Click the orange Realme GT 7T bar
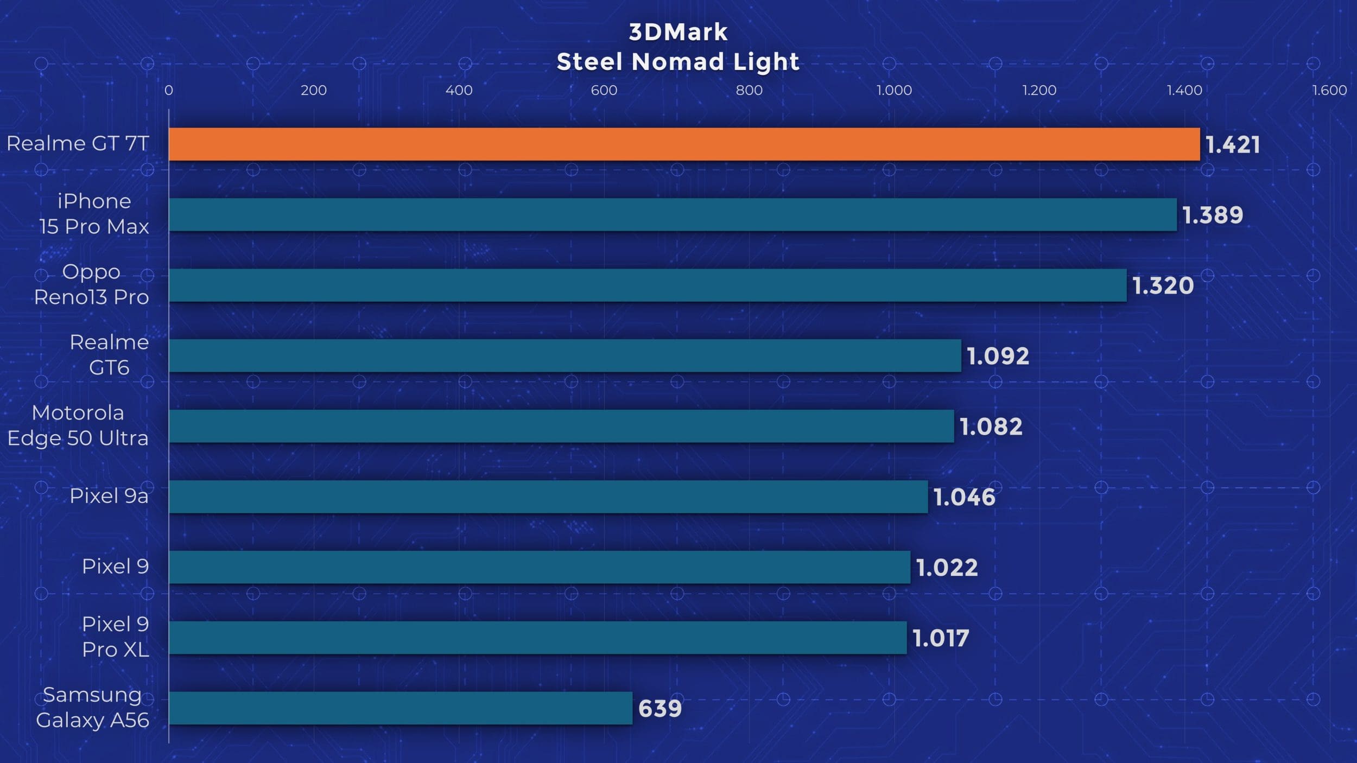point(684,144)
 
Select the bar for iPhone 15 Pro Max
point(673,214)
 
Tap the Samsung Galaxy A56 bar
point(401,708)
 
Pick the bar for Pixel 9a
point(548,497)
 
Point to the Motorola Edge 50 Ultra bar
point(561,426)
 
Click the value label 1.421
point(1233,145)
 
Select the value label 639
point(660,709)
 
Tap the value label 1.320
point(1163,285)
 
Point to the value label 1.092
point(998,356)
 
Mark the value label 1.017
point(941,638)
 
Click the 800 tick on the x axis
point(749,90)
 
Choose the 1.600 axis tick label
point(1329,90)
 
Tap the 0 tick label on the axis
point(169,90)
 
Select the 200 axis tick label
point(314,90)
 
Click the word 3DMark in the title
point(678,32)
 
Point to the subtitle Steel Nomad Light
point(678,62)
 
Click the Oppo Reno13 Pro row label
point(91,284)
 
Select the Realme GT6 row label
point(109,355)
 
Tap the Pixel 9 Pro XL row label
point(115,637)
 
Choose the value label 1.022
point(947,568)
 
